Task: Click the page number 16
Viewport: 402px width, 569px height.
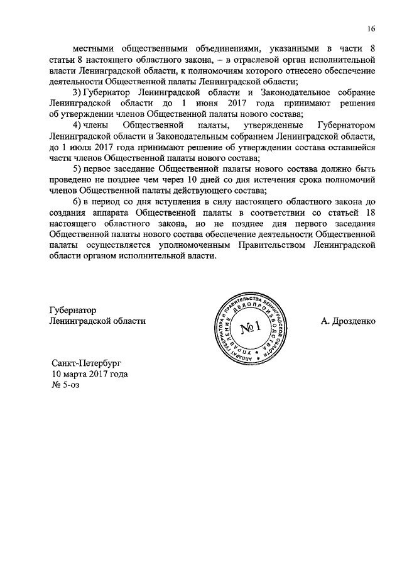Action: click(371, 29)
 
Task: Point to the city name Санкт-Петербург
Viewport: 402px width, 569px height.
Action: click(85, 363)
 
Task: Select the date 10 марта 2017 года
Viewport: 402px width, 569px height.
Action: click(90, 374)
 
